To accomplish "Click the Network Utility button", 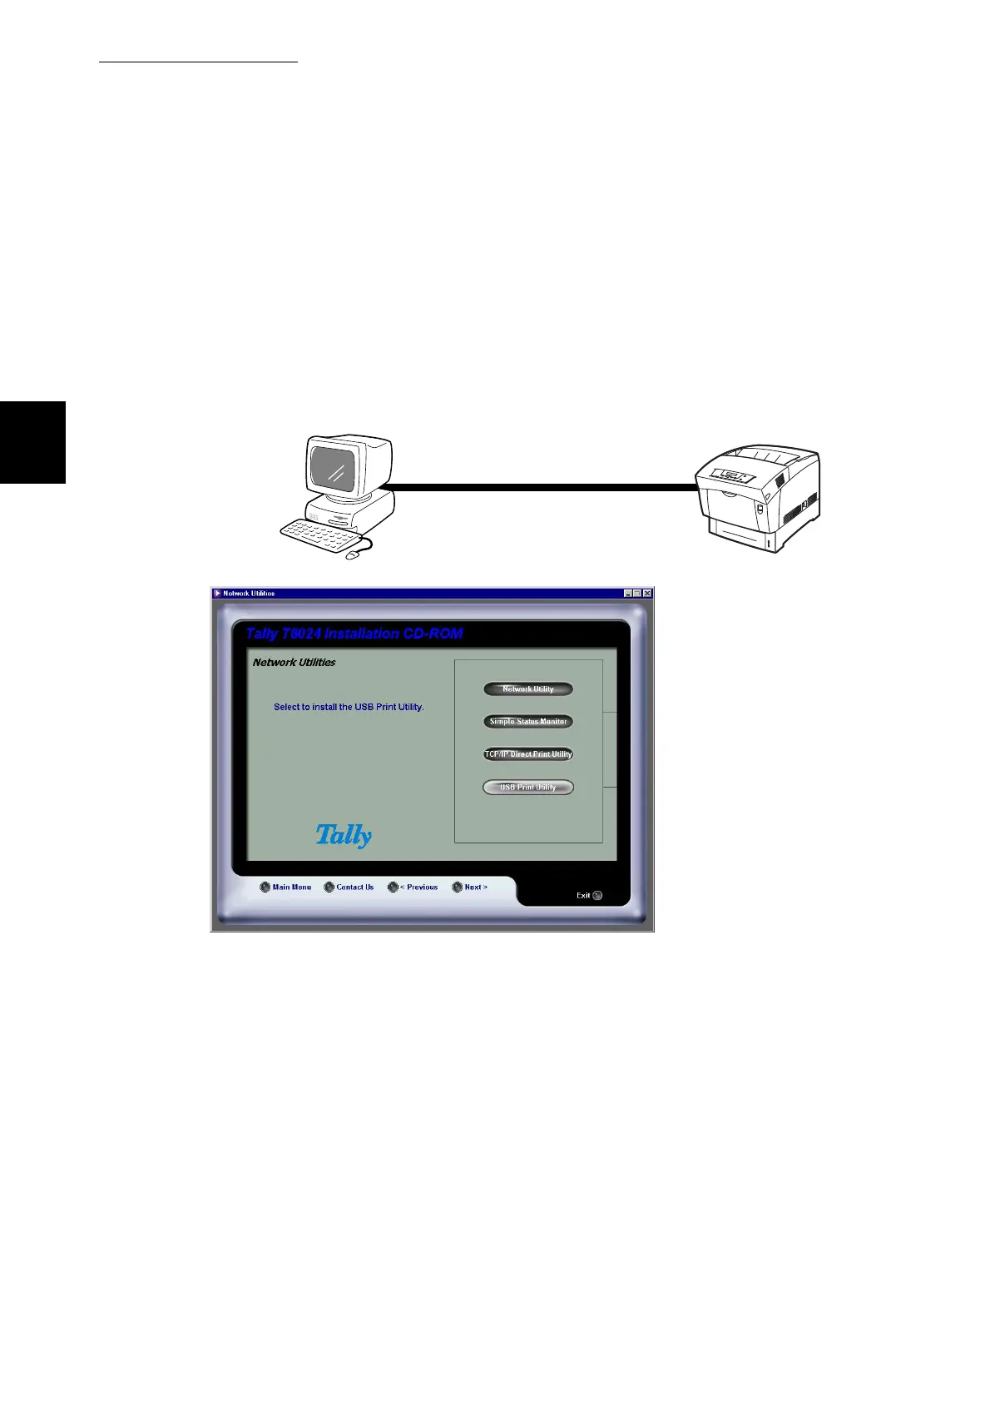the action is tap(528, 689).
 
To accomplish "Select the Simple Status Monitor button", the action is tap(528, 721).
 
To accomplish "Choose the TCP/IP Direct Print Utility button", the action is tap(528, 754).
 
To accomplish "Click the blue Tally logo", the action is tap(344, 835).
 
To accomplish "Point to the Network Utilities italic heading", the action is tap(295, 663).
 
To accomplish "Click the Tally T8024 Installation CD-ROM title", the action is tap(354, 634).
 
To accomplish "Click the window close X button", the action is tap(647, 593).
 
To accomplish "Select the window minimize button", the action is tap(628, 593).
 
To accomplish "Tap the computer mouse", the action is tap(353, 554).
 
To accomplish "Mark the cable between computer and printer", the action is tap(541, 488).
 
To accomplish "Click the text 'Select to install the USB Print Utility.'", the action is tap(349, 707).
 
